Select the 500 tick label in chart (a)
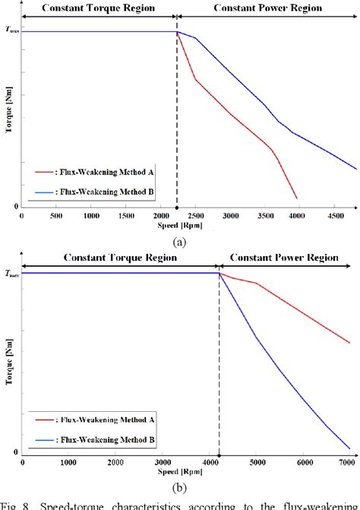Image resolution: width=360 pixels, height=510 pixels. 56,217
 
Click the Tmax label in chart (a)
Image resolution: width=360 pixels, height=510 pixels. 12,30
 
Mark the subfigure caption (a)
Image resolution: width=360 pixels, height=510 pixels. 179,241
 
